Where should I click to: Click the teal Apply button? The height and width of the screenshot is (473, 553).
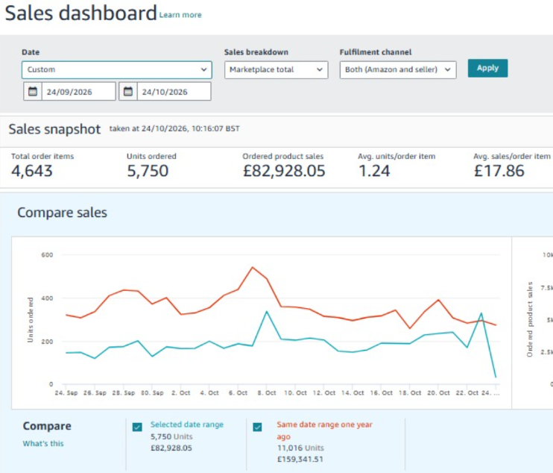tap(487, 68)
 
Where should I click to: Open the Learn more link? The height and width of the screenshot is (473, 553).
tap(180, 15)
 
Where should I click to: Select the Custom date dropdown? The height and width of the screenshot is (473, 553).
tap(117, 69)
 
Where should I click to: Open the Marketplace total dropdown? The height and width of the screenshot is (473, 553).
tap(276, 69)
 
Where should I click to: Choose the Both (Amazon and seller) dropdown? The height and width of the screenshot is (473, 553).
tap(398, 69)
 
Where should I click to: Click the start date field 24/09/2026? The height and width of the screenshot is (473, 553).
tap(79, 92)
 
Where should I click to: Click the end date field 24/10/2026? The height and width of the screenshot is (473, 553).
tap(174, 92)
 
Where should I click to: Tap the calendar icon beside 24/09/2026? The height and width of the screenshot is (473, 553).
tap(33, 92)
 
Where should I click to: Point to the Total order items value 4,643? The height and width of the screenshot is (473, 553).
tap(32, 171)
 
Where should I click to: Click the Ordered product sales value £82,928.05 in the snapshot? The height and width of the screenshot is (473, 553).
tap(284, 171)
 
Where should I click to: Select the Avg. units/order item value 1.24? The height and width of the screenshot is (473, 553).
tap(374, 171)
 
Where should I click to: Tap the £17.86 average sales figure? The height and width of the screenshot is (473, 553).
tap(499, 171)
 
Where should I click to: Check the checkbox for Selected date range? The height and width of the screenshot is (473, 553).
tap(137, 427)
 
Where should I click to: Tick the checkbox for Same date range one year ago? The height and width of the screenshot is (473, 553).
tap(257, 427)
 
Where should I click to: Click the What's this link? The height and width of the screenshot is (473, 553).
tap(43, 443)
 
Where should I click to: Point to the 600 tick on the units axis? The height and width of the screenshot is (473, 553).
tap(47, 254)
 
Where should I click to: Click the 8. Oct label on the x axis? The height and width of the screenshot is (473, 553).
tap(267, 393)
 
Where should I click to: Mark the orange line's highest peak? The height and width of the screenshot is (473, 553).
tap(252, 267)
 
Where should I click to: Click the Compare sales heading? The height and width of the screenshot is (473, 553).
tap(62, 213)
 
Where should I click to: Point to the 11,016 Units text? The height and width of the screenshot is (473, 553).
tap(300, 448)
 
